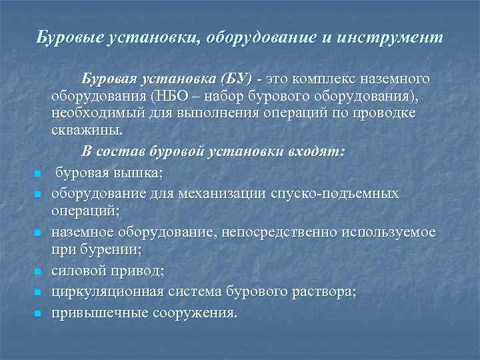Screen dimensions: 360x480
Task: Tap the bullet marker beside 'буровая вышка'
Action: click(39, 175)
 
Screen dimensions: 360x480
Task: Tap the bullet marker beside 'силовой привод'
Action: click(39, 272)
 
